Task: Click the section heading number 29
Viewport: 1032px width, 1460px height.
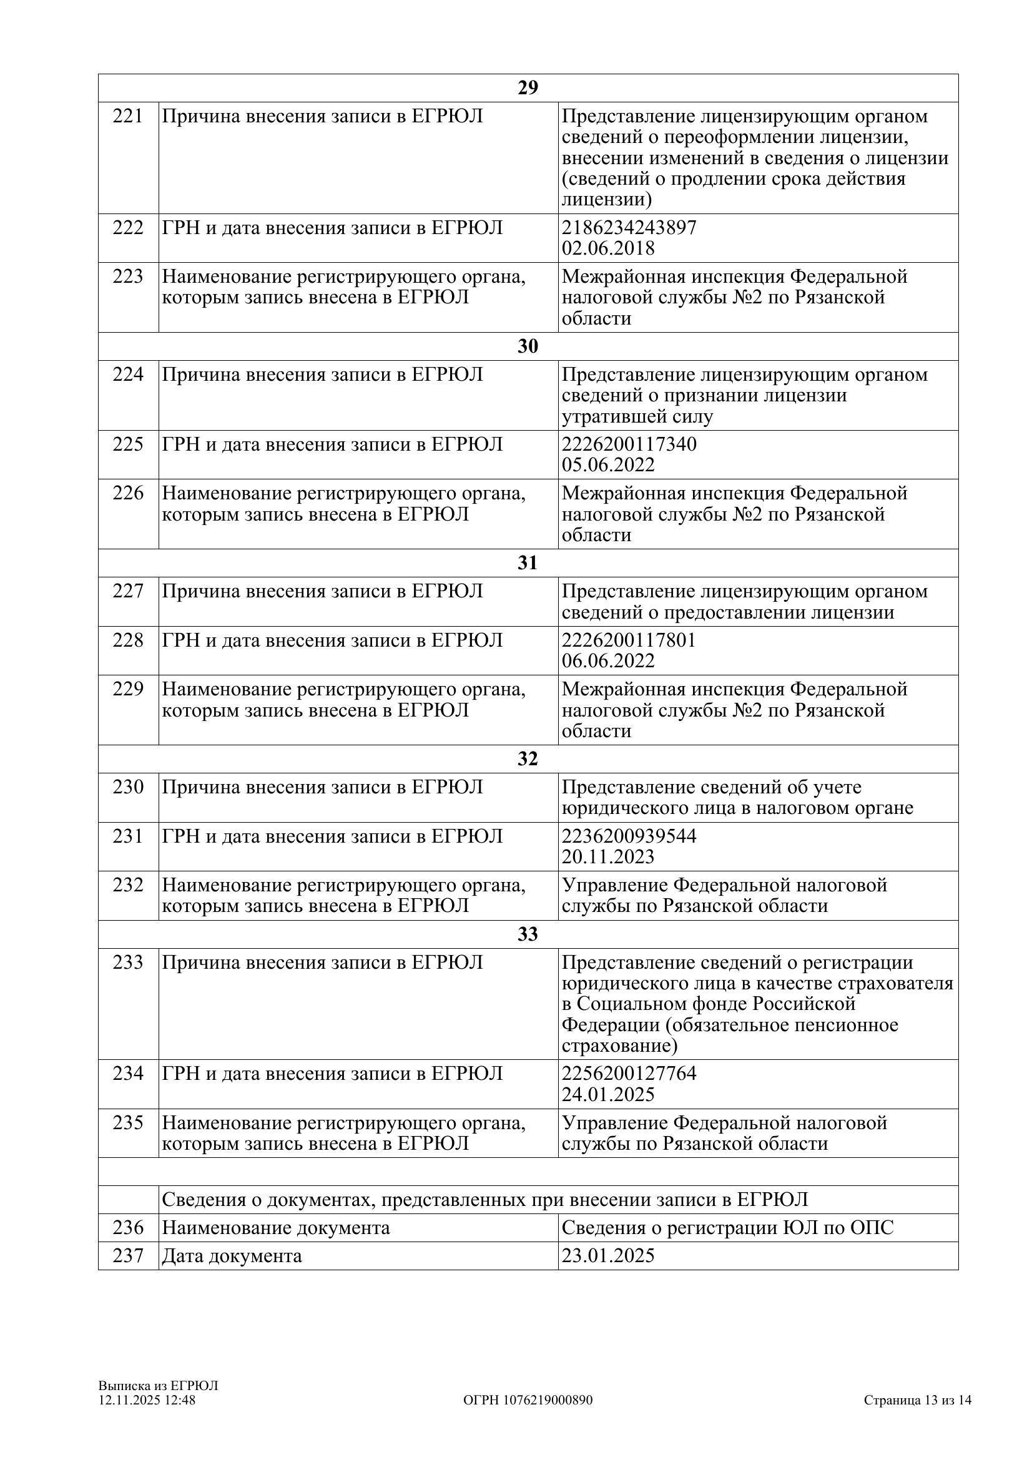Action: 528,88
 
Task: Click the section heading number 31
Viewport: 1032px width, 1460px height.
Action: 528,563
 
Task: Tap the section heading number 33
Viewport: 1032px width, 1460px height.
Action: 528,934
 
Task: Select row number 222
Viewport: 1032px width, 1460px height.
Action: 128,228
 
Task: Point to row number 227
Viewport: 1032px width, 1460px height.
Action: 128,591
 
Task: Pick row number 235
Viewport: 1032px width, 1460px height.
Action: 128,1123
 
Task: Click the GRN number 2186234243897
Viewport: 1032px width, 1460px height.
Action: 629,228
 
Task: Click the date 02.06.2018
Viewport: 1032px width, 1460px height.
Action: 608,248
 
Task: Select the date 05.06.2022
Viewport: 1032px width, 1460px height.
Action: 608,465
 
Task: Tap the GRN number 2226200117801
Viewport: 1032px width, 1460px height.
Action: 629,640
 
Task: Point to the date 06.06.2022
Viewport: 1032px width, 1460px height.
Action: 608,660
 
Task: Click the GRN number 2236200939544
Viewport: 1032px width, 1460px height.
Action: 629,836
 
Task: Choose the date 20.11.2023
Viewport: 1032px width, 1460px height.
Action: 608,856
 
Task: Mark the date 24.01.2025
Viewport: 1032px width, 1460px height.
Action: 608,1094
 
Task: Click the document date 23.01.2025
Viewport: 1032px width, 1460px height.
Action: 608,1256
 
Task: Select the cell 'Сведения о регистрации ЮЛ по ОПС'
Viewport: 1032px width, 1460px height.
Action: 727,1227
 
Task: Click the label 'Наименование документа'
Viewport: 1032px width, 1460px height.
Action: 275,1227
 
